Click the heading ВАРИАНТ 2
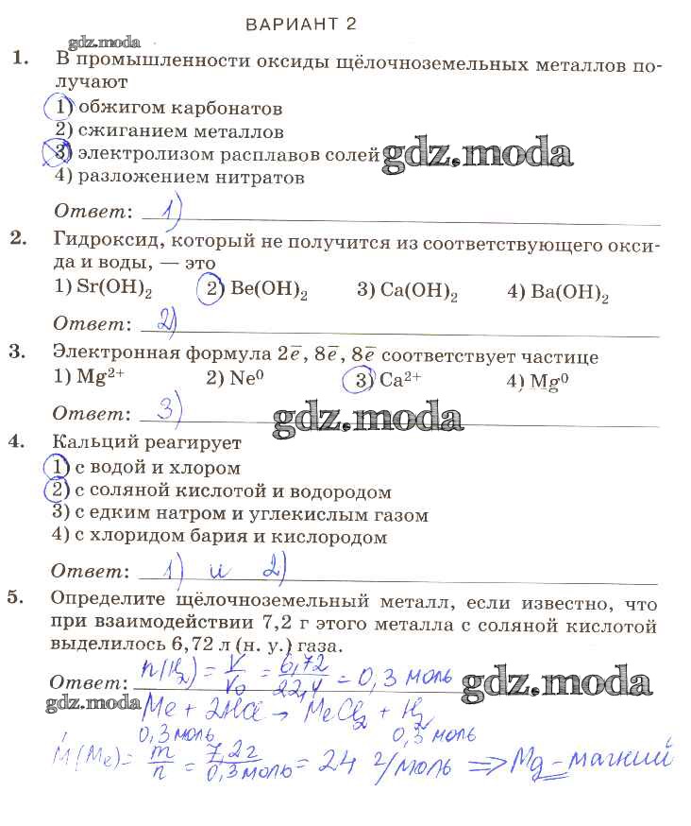300,24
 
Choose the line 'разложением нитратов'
191,176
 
